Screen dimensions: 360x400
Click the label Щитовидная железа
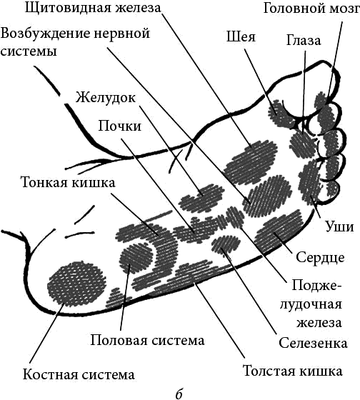click(x=93, y=8)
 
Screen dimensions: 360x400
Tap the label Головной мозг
click(x=311, y=9)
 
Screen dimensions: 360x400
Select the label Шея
click(x=241, y=37)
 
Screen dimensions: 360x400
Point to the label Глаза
click(x=304, y=40)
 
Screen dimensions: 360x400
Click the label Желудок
click(x=105, y=98)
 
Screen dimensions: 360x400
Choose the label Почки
click(x=120, y=126)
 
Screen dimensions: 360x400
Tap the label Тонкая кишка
click(x=68, y=183)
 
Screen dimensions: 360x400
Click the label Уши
click(x=340, y=226)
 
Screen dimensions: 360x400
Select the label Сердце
click(x=320, y=257)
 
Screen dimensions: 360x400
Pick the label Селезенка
click(x=313, y=343)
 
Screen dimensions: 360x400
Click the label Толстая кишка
click(x=293, y=371)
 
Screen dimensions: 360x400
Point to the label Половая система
click(x=147, y=340)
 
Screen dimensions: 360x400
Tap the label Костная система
click(x=79, y=375)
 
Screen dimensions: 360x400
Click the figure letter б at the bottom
click(x=179, y=394)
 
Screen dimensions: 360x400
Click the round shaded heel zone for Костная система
click(x=77, y=284)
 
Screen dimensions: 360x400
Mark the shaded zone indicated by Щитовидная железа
click(x=251, y=163)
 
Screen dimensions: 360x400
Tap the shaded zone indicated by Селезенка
click(x=226, y=244)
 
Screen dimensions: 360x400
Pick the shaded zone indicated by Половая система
click(x=136, y=258)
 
